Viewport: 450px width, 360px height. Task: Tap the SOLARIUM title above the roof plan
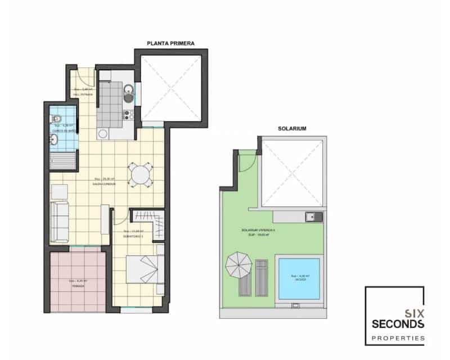coord(292,129)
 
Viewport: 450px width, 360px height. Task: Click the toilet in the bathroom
coord(56,119)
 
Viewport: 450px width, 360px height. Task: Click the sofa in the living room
coord(60,220)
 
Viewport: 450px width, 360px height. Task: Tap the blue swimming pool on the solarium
coord(298,277)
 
